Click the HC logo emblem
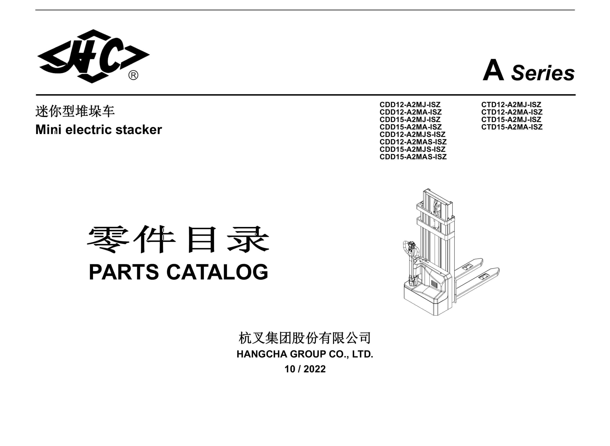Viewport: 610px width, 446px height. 93,56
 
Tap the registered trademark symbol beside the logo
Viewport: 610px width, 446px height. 133,75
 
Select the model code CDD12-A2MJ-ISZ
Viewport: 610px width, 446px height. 410,104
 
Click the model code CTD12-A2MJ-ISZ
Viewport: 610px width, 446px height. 511,104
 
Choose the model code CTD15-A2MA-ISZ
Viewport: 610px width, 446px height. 512,127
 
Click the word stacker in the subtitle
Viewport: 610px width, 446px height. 139,129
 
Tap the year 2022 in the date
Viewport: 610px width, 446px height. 315,369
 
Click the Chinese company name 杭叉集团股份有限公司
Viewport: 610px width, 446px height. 305,338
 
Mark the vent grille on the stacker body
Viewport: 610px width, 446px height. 434,284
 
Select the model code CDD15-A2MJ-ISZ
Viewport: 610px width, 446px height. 410,119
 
